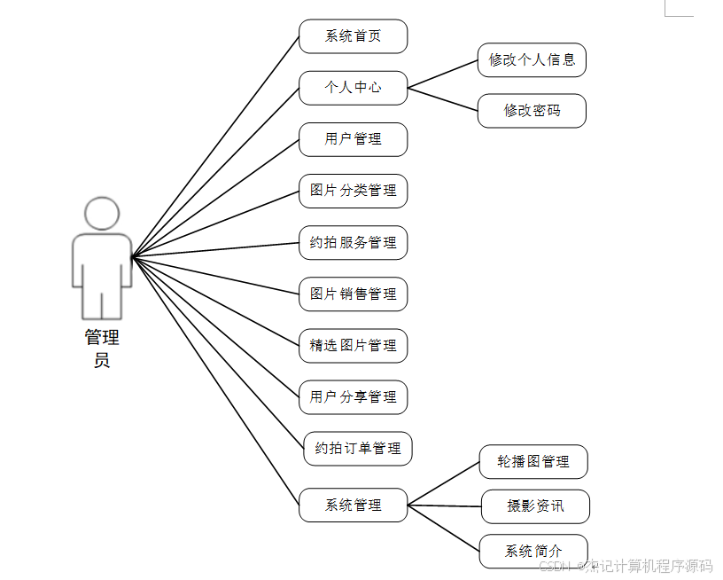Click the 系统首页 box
[x=353, y=36]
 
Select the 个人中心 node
[x=353, y=88]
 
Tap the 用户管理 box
[x=353, y=139]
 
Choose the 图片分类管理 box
[x=353, y=191]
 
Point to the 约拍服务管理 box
[x=353, y=242]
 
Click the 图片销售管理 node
[x=353, y=294]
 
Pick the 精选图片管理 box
[x=353, y=345]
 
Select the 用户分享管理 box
[x=353, y=396]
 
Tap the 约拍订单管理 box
[x=357, y=448]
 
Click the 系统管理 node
[x=353, y=505]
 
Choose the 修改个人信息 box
[x=532, y=59]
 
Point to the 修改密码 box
[x=532, y=111]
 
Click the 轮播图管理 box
[x=533, y=461]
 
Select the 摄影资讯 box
[x=535, y=506]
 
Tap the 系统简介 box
[x=533, y=551]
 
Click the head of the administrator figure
[x=102, y=214]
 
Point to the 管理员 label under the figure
[x=102, y=349]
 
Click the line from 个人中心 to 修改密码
[x=443, y=99]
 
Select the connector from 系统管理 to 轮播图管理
[x=443, y=483]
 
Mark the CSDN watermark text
[x=625, y=566]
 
